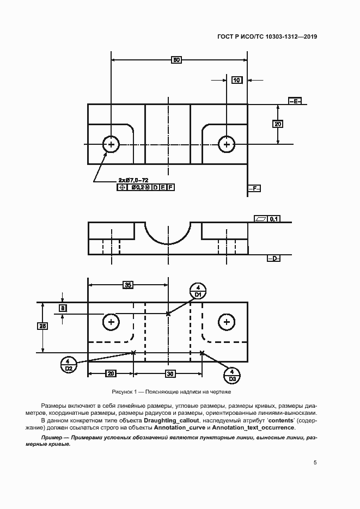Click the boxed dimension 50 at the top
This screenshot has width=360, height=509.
click(x=176, y=60)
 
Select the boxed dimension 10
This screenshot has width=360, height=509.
click(x=237, y=80)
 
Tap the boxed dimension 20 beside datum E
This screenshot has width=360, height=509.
click(x=278, y=124)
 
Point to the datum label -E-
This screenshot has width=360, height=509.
click(x=295, y=101)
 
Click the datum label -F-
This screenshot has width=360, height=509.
click(x=254, y=188)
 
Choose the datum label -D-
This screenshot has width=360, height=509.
click(x=273, y=259)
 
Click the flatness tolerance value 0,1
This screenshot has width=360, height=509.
click(x=274, y=219)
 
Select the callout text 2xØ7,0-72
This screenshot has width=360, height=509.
click(x=133, y=180)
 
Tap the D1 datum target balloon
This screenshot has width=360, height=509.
click(x=198, y=291)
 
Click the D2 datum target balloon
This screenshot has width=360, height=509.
click(x=69, y=365)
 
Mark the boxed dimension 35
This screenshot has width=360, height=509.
click(x=128, y=285)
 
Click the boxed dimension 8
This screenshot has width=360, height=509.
click(x=63, y=308)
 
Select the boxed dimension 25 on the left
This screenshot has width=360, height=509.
click(x=42, y=326)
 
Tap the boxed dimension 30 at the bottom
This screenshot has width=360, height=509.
click(x=170, y=373)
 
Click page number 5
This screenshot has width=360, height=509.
click(x=315, y=462)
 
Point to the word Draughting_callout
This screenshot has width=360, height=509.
click(x=172, y=420)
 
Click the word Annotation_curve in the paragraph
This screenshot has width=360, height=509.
click(x=180, y=427)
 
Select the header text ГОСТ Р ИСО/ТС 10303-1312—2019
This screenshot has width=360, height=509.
click(x=267, y=36)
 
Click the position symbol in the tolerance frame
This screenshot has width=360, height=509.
click(x=122, y=187)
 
